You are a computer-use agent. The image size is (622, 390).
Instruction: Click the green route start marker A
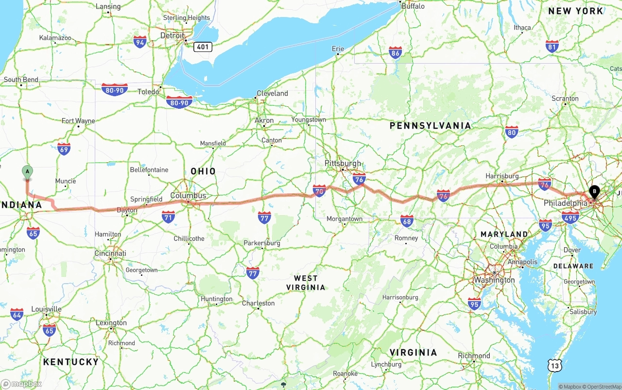(27, 171)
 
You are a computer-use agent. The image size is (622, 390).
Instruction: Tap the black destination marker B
(594, 192)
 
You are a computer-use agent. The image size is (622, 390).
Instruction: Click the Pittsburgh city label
(343, 163)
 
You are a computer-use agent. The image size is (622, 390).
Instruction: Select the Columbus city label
(188, 196)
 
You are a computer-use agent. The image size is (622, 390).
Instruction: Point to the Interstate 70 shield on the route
(319, 191)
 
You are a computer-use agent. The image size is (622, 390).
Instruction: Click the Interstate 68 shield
(407, 221)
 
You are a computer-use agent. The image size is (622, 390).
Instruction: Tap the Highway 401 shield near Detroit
(203, 47)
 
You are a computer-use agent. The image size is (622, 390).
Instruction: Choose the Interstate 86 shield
(396, 53)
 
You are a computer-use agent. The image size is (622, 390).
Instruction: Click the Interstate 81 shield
(552, 47)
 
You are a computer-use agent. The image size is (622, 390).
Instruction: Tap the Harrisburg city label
(502, 176)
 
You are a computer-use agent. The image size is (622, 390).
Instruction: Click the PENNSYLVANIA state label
(430, 126)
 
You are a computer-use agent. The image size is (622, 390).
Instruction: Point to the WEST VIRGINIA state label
(306, 283)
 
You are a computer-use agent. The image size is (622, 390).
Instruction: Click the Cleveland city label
(272, 93)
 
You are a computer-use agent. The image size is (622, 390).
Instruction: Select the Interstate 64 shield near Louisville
(17, 314)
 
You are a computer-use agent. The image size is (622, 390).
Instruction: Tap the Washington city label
(494, 280)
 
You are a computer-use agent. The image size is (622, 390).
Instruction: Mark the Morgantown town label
(345, 219)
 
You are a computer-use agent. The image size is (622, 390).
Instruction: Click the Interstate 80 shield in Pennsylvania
(511, 132)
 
